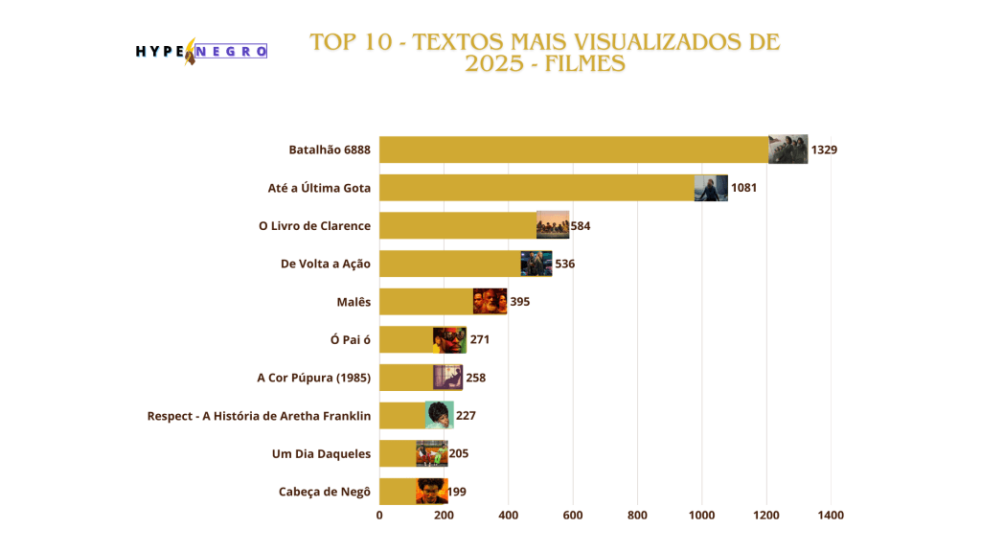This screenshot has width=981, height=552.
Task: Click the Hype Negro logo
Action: click(201, 51)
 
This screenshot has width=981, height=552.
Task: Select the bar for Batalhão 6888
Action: click(575, 149)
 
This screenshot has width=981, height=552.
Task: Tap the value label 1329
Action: click(824, 149)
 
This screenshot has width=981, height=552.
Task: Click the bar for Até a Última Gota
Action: click(536, 187)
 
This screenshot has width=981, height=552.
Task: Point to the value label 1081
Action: click(743, 187)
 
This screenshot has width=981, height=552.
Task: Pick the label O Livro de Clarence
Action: click(314, 225)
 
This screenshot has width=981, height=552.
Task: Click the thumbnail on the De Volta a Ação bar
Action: click(536, 263)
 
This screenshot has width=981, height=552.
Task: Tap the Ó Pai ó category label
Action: click(350, 338)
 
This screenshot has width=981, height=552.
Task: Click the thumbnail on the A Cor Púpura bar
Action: click(447, 377)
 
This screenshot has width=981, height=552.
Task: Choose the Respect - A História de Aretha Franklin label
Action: click(259, 416)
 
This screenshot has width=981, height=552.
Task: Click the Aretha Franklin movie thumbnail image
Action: click(439, 415)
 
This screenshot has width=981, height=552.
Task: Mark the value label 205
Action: click(458, 453)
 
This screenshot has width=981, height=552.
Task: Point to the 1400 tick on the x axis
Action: click(831, 516)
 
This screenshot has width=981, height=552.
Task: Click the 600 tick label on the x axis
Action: click(573, 516)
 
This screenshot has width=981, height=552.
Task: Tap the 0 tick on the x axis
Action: click(379, 516)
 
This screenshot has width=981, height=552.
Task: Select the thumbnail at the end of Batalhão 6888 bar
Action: click(787, 149)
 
